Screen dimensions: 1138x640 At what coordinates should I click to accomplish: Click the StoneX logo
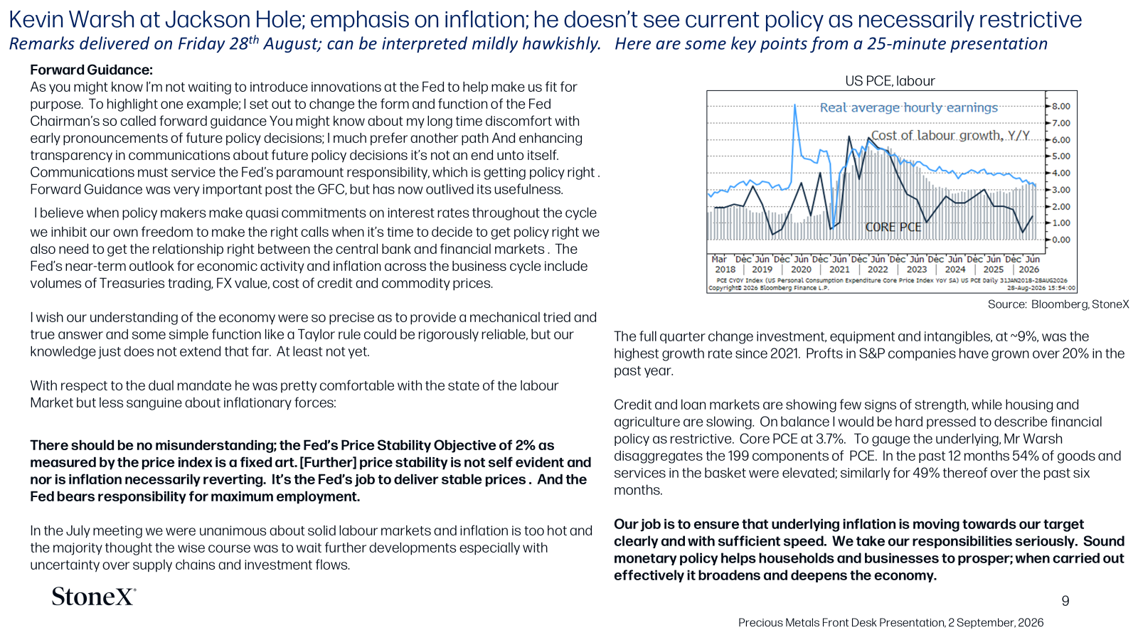[x=93, y=597]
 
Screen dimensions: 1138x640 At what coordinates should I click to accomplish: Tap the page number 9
[x=1065, y=601]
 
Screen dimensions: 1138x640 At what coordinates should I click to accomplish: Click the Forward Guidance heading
[x=92, y=70]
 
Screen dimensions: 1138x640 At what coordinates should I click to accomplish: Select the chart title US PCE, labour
[x=890, y=81]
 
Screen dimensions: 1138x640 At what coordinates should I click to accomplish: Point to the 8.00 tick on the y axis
[x=1060, y=106]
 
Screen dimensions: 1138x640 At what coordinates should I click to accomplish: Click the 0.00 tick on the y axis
[x=1060, y=240]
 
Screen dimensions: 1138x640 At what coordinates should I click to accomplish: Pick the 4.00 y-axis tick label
[x=1060, y=174]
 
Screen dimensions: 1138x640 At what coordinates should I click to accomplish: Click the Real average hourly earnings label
[x=909, y=107]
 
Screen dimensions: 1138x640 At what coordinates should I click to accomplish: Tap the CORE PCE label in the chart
[x=893, y=227]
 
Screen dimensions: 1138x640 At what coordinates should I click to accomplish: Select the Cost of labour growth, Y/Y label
[x=950, y=136]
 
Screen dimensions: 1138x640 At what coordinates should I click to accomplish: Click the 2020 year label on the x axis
[x=801, y=270]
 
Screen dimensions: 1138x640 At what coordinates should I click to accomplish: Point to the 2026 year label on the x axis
[x=1029, y=270]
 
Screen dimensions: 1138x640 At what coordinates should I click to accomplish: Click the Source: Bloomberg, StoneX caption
[x=1058, y=304]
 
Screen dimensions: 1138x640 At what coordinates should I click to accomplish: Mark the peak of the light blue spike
[x=794, y=105]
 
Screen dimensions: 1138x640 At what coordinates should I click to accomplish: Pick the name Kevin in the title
[x=36, y=20]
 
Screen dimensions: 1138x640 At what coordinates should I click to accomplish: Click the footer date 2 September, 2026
[x=996, y=623]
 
